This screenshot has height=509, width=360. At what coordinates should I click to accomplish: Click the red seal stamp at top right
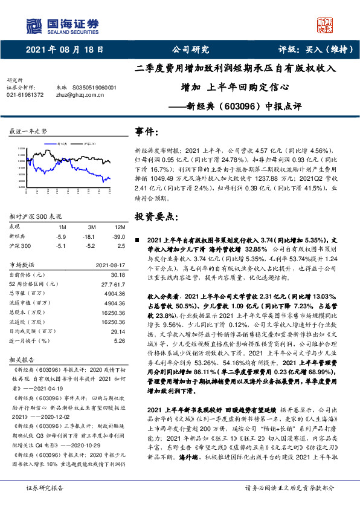click(325, 25)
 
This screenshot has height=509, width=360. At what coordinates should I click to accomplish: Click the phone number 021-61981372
click(25, 95)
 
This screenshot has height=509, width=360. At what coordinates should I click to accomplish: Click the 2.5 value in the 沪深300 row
click(120, 245)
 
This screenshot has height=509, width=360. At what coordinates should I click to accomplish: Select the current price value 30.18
click(117, 275)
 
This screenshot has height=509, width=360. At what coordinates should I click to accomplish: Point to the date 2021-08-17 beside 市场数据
click(109, 264)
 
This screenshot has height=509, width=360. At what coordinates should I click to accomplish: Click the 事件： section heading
click(147, 132)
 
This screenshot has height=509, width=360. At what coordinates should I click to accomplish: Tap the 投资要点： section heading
click(156, 216)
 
